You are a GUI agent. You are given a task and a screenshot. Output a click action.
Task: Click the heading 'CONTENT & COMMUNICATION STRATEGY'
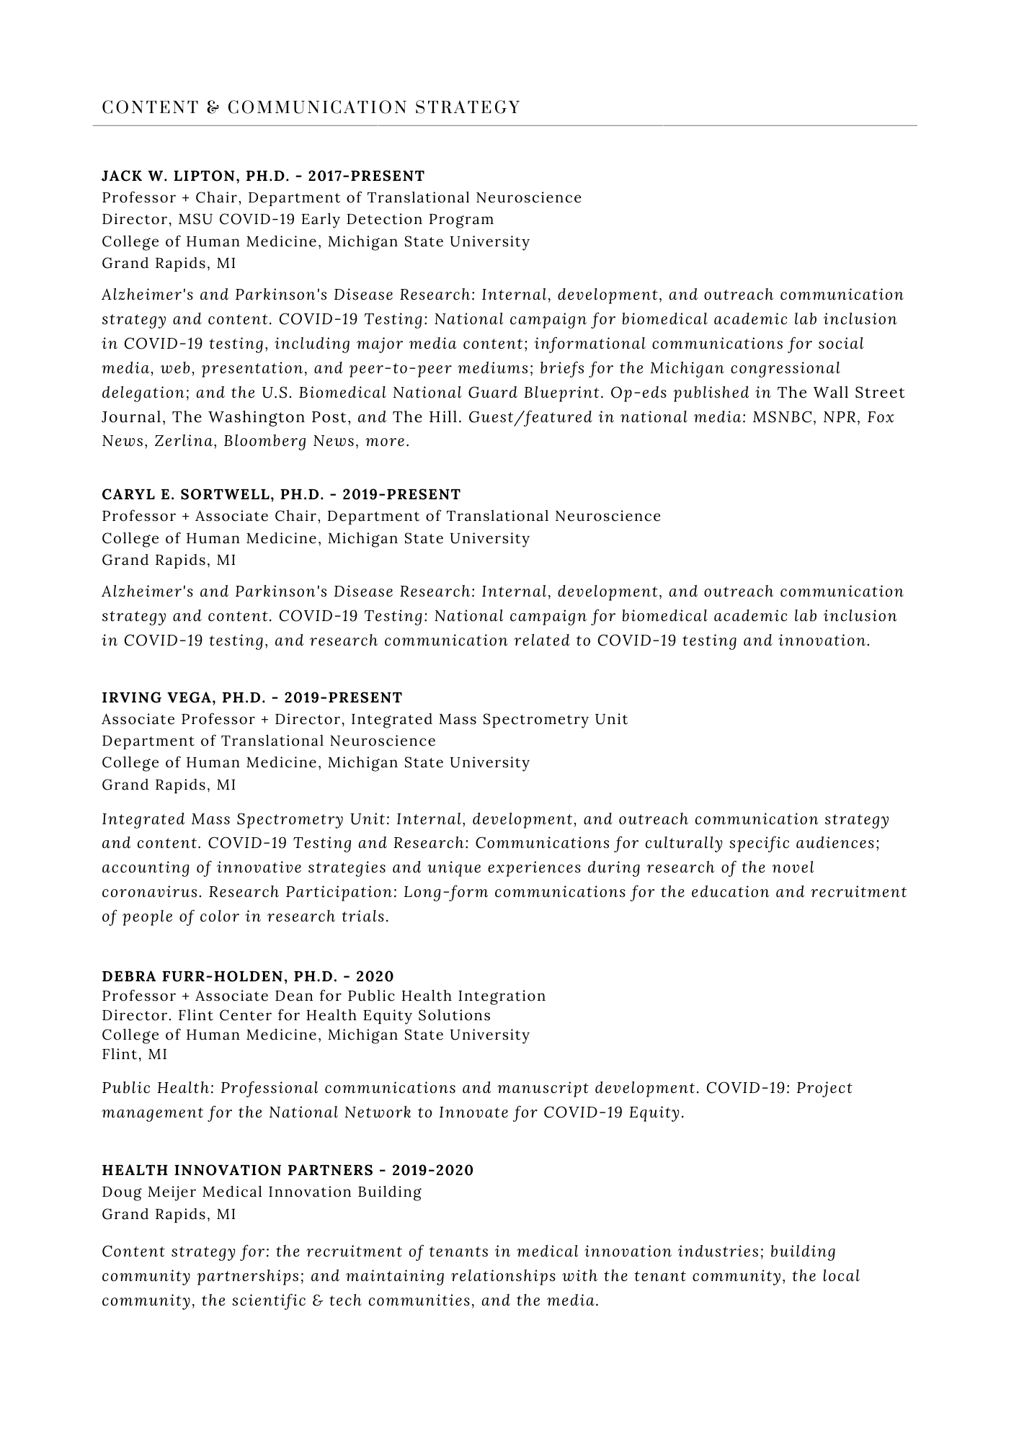tap(311, 107)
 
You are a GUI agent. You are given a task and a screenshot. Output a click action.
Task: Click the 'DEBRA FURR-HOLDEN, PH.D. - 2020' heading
tap(248, 977)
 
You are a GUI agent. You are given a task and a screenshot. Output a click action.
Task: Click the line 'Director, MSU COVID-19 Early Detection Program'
tap(298, 220)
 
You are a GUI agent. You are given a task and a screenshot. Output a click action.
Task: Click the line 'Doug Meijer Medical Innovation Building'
tap(262, 1192)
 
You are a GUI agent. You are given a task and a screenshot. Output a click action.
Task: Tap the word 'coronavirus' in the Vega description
tap(152, 893)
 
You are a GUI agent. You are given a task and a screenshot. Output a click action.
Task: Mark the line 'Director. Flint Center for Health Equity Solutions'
tap(296, 1016)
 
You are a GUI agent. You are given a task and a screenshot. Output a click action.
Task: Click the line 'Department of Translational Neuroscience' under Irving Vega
tap(269, 741)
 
